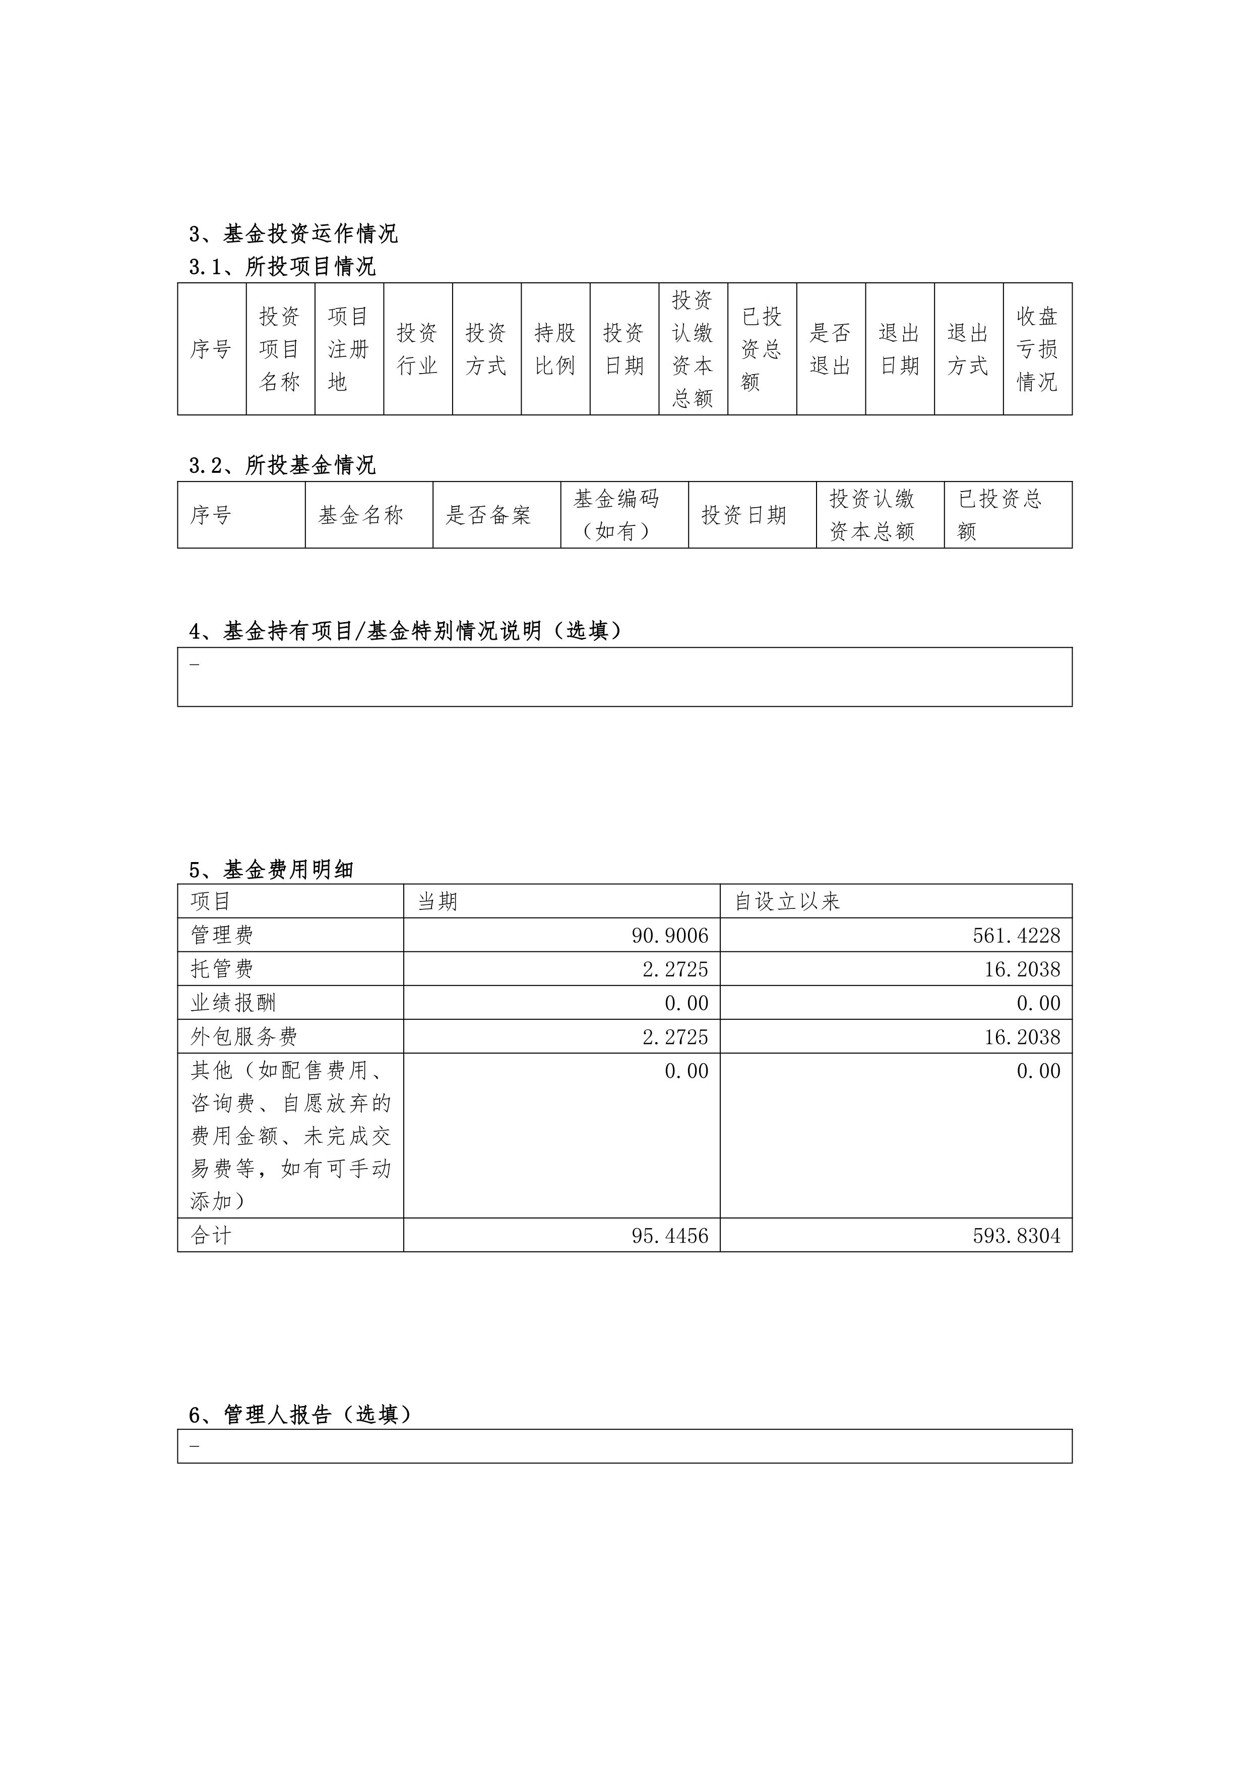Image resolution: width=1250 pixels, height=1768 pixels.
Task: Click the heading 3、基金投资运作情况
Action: pos(293,233)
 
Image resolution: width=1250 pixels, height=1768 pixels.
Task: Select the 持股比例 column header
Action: pos(555,349)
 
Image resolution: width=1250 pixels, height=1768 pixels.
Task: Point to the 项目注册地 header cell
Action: pos(349,349)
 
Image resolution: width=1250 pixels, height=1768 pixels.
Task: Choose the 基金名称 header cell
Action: pos(361,515)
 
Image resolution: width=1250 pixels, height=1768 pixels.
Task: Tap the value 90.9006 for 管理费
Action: pos(670,936)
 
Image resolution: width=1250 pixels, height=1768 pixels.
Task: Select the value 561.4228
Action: pos(1016,936)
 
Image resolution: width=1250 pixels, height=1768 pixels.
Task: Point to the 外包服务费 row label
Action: pos(244,1037)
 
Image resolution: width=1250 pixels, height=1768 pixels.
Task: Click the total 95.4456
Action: pos(670,1236)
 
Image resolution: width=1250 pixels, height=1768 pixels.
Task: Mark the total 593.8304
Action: pos(1016,1236)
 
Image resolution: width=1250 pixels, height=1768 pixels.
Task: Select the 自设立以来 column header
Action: pos(787,901)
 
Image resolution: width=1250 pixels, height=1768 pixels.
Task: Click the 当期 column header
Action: pos(437,901)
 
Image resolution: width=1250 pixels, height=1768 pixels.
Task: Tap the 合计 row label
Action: pos(211,1236)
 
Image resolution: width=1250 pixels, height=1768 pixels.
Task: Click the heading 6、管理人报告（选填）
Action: pos(300,1415)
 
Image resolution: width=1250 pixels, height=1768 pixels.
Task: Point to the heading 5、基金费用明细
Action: pos(271,870)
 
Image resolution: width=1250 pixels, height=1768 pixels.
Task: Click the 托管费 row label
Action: pos(222,969)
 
